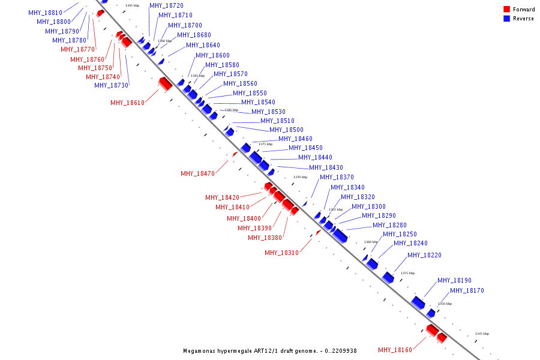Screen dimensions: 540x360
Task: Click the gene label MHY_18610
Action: click(x=127, y=103)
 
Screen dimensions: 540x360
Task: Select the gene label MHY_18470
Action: click(x=197, y=173)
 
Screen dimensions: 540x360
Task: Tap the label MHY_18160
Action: click(x=395, y=350)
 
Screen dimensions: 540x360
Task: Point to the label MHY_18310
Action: click(x=281, y=253)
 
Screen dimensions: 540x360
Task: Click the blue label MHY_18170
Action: click(x=467, y=291)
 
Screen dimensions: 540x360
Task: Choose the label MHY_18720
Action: click(x=166, y=5)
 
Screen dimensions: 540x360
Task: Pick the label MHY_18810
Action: click(x=45, y=13)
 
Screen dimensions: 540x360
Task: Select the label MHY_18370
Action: click(x=337, y=177)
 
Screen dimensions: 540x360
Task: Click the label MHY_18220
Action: click(x=424, y=255)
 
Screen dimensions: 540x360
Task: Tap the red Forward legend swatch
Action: click(x=507, y=9)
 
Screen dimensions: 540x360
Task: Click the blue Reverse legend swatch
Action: click(x=507, y=19)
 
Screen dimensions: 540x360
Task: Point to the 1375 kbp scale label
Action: click(x=265, y=144)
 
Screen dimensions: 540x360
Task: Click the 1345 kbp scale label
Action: click(x=482, y=334)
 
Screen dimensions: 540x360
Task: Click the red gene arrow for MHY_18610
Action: click(x=165, y=83)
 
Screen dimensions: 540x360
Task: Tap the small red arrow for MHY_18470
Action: click(x=235, y=154)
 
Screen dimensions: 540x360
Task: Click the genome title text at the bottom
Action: click(x=270, y=350)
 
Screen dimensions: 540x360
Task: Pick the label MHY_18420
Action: click(x=222, y=197)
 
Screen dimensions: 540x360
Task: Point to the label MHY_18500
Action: click(x=286, y=130)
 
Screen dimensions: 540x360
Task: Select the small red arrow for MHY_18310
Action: click(x=318, y=232)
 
